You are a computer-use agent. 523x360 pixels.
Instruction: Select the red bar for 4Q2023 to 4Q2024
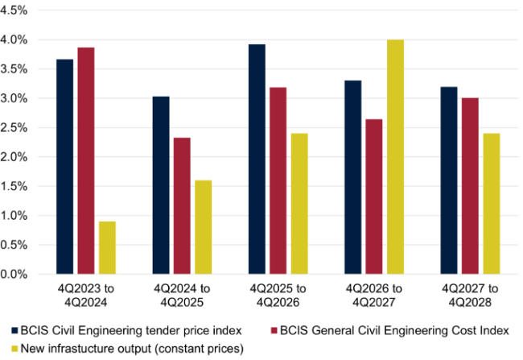86,161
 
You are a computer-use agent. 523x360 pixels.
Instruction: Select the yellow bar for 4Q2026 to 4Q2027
395,157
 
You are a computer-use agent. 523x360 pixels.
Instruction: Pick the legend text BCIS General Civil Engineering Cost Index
406,331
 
